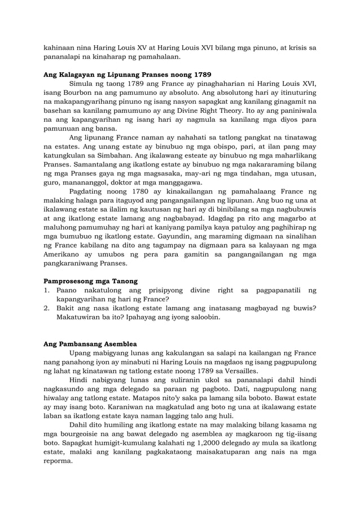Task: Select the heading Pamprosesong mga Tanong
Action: (x=91, y=280)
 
